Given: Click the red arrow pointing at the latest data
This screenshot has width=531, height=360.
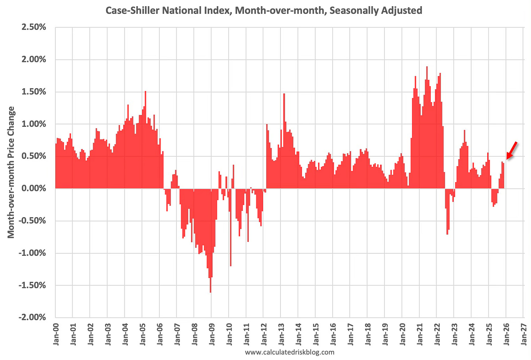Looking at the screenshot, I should point(512,150).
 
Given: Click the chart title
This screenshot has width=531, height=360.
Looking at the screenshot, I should point(264,10).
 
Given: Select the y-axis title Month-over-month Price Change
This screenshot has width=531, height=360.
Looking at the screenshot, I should point(11,172).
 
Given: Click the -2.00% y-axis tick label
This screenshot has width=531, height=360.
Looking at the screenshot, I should point(32,317).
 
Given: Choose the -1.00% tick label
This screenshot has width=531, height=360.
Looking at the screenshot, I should point(32,253).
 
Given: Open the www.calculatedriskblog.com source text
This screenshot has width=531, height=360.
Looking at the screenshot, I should point(290,352).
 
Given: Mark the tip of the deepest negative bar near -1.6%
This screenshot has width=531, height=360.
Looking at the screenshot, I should point(210,292).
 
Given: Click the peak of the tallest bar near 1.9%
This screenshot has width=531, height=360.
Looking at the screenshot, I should point(427,67).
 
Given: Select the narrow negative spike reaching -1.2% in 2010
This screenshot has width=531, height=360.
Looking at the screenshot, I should point(230,265).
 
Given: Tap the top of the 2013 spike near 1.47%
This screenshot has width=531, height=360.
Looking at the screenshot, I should point(284,94).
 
